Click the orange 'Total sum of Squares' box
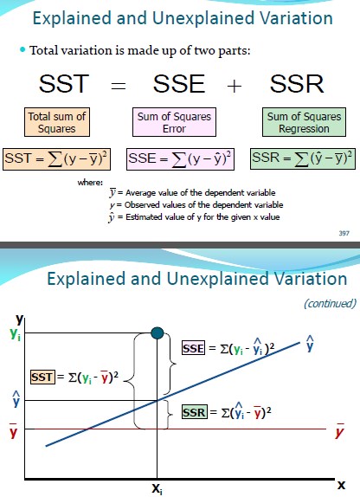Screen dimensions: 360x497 [x=57, y=122]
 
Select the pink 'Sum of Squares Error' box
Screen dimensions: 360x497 [x=174, y=122]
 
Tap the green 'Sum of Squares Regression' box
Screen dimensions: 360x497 [x=304, y=122]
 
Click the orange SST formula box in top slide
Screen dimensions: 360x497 [x=57, y=158]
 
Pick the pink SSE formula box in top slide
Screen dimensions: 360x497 [x=180, y=158]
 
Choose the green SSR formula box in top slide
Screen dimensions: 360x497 [x=303, y=158]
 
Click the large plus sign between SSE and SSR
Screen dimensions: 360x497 [x=235, y=86]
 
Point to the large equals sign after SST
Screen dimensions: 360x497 [x=119, y=86]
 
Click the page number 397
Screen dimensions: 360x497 [x=344, y=233]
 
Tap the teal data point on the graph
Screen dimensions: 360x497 [x=157, y=333]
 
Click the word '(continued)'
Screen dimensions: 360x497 [x=330, y=303]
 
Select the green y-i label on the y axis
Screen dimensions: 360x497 [x=16, y=333]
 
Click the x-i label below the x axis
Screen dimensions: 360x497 [x=157, y=488]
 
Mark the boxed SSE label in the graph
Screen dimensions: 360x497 [x=193, y=348]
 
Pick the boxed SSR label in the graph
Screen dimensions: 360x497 [x=195, y=412]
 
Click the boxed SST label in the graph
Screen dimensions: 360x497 [x=42, y=378]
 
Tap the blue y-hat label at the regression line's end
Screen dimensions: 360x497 [x=310, y=343]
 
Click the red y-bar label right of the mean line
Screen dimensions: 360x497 [x=340, y=430]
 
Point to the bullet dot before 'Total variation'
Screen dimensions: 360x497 [x=22, y=49]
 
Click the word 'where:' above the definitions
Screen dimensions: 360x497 [x=90, y=182]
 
